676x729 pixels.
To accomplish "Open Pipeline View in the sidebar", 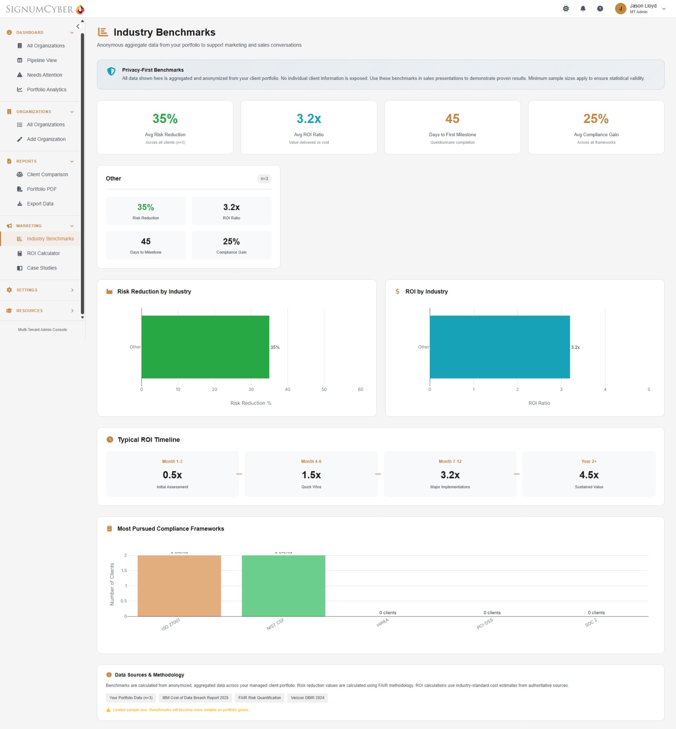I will point(42,60).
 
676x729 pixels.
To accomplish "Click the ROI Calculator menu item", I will point(43,253).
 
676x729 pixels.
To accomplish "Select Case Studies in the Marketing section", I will point(42,268).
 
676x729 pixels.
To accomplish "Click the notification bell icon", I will point(583,8).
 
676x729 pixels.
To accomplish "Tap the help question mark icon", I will point(600,8).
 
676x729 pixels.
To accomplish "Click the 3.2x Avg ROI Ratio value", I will point(309,119).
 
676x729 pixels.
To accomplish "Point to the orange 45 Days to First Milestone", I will point(452,119).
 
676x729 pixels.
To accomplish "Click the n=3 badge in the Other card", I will point(264,179).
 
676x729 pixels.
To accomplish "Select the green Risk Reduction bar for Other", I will point(205,347).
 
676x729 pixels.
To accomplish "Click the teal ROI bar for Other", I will point(499,347).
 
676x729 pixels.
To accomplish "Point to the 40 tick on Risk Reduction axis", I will point(287,389).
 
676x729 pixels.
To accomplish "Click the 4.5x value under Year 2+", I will point(589,475).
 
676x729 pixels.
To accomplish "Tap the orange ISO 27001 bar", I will point(179,586).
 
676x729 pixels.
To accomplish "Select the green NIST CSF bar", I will point(283,586).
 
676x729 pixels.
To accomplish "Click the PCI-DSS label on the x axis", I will point(485,623).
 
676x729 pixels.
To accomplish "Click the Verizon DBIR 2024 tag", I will point(307,698).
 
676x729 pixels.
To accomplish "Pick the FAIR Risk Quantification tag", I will point(259,698).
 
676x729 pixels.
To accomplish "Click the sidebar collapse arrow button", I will point(78,26).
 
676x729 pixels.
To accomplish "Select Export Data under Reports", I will point(40,204).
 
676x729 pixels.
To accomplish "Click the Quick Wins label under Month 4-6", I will point(311,487).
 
